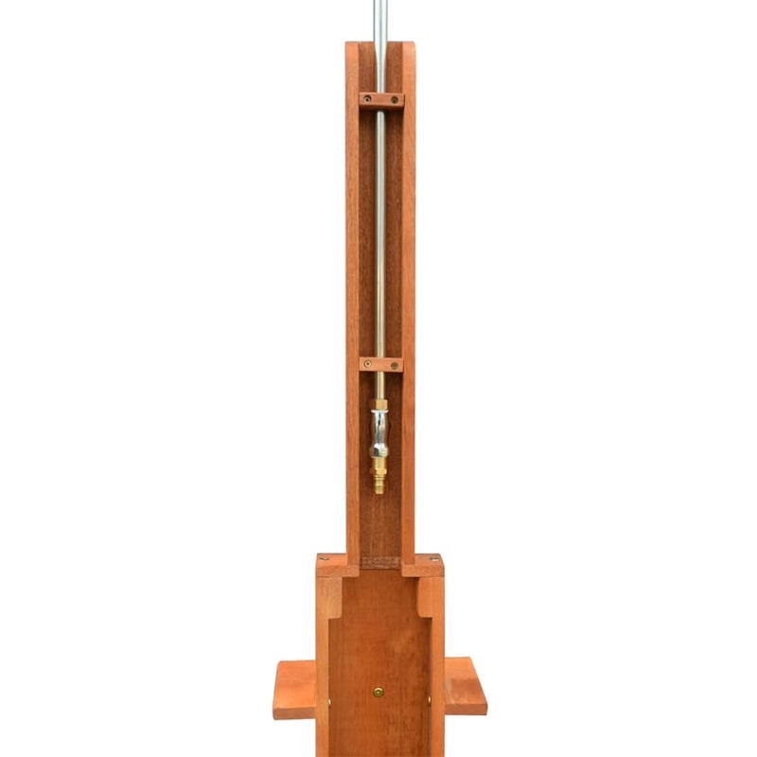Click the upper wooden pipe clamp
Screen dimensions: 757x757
[x=381, y=99]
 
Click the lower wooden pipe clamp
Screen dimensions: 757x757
[x=380, y=364]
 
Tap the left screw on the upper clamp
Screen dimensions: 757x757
[x=367, y=99]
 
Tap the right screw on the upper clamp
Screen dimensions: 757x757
[x=396, y=99]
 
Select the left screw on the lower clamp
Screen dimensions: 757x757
[x=367, y=363]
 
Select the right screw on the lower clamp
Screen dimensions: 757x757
[x=395, y=364]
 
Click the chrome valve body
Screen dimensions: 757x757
[x=379, y=431]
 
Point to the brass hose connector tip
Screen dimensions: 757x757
[x=379, y=484]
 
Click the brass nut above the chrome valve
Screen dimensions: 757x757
[x=379, y=406]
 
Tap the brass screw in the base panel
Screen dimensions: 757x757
[x=378, y=692]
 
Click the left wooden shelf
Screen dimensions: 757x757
[x=294, y=688]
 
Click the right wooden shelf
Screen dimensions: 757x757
[x=465, y=686]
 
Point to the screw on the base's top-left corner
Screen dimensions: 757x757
[x=325, y=558]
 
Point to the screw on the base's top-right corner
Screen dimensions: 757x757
[x=434, y=558]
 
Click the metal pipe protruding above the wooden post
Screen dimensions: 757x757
[x=380, y=19]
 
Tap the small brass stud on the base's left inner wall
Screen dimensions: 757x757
[x=330, y=702]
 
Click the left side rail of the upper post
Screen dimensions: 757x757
[x=353, y=284]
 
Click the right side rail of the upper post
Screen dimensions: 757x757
[x=408, y=284]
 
